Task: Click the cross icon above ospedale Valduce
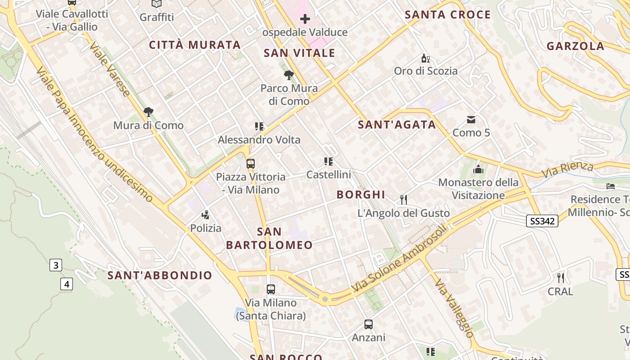[305, 19]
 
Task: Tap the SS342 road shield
[542, 220]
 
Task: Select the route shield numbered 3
[55, 265]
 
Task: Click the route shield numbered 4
[67, 284]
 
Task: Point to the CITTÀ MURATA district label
[195, 45]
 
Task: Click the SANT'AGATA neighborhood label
[397, 125]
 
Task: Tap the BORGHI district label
[361, 194]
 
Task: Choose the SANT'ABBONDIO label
[160, 275]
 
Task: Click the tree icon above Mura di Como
[148, 112]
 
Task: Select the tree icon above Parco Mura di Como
[288, 75]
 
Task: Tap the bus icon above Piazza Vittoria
[251, 163]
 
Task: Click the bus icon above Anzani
[368, 324]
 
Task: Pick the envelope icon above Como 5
[471, 120]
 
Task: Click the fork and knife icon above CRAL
[560, 278]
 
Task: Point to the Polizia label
[206, 228]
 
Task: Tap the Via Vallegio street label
[454, 308]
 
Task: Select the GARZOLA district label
[575, 46]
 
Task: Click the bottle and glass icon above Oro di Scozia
[425, 58]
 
